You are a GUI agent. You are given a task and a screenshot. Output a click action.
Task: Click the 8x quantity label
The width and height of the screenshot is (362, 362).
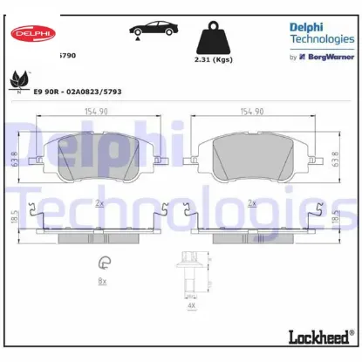tap(102, 281)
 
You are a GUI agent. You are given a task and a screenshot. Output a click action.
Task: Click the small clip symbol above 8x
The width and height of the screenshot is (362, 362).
tap(103, 260)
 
